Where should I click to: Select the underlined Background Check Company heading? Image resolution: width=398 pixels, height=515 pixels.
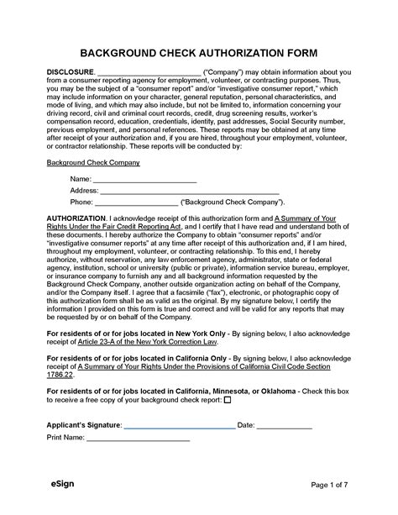pos(92,161)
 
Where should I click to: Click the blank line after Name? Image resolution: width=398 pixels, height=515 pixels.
pos(144,180)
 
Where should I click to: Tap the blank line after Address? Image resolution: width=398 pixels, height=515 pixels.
pos(189,191)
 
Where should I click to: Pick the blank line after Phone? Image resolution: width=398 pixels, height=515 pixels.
pos(136,202)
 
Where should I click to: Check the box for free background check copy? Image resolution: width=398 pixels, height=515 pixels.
pos(228,399)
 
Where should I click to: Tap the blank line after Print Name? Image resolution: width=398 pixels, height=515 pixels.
pos(138,438)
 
